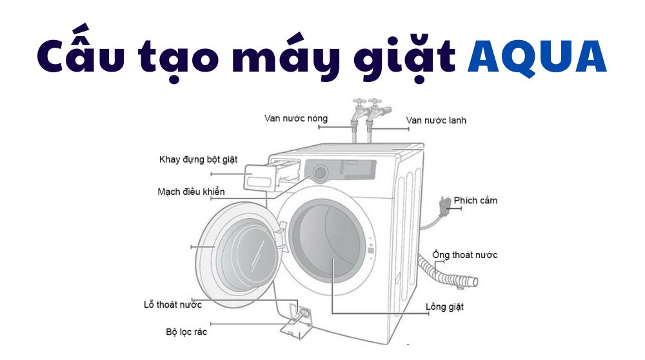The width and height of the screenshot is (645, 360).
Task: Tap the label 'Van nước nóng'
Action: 296,118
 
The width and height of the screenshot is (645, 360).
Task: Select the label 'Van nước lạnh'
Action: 436,120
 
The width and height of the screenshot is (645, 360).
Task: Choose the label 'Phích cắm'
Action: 475,200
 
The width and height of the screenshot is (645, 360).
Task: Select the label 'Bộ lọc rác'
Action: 186,332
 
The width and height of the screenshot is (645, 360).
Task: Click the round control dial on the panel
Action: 319,172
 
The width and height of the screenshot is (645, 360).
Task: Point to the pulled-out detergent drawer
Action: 261,177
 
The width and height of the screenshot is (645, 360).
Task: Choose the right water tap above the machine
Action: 374,113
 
